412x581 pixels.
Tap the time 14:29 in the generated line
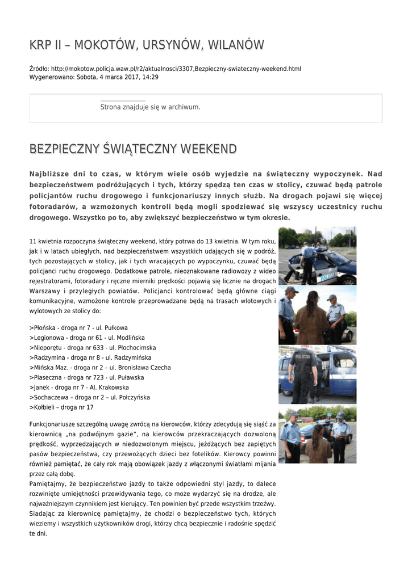[151, 77]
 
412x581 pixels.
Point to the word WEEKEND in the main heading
[208, 149]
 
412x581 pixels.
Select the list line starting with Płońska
[78, 327]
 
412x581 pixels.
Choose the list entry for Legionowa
[86, 337]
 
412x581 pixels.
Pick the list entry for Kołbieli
[61, 407]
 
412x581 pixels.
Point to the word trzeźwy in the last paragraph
[260, 503]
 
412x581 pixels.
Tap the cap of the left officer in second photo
[292, 289]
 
